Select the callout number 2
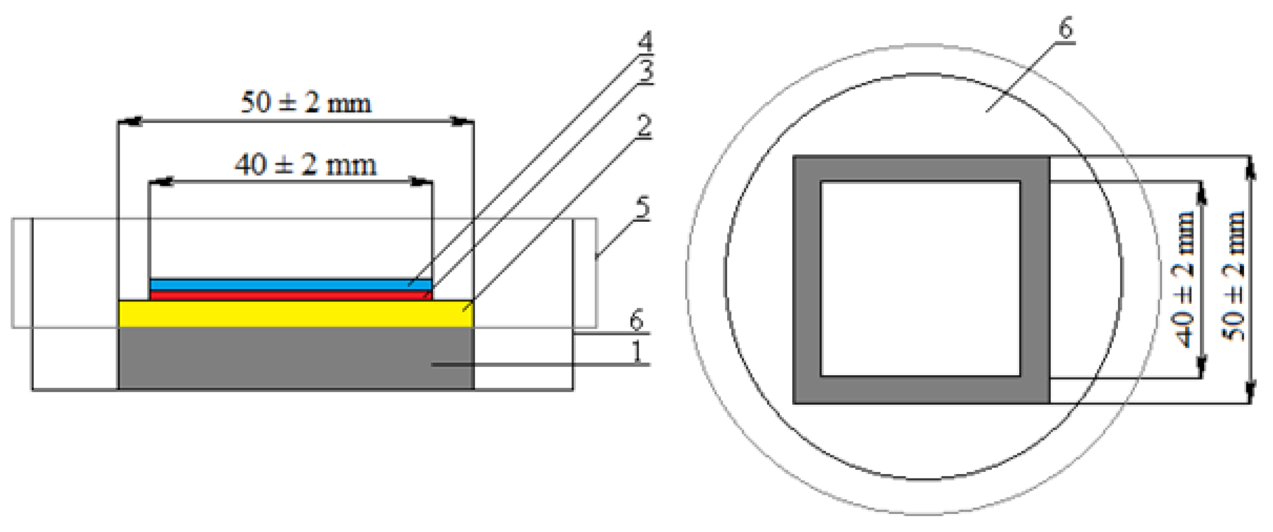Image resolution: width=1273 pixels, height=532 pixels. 644,127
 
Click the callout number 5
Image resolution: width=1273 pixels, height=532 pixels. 643,209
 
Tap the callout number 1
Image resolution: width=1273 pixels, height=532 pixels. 636,352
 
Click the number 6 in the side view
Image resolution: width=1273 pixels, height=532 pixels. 636,321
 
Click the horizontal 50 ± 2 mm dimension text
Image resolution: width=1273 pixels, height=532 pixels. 306,103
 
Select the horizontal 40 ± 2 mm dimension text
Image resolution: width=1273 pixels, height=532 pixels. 306,165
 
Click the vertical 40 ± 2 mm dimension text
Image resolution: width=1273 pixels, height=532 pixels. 1182,279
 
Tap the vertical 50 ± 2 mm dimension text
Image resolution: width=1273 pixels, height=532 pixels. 1234,276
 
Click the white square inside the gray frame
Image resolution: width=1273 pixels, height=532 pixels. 920,279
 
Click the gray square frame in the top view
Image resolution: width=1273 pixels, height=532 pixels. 807,279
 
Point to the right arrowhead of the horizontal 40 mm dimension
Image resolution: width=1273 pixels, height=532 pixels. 421,182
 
